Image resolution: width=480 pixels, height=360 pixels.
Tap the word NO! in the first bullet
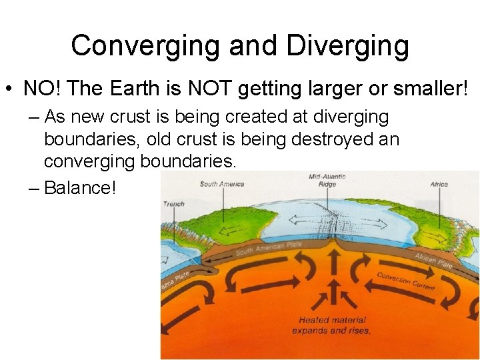coord(41,88)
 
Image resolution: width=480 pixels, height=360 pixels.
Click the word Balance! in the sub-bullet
coord(80,188)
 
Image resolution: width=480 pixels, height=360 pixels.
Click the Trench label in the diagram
coord(173,203)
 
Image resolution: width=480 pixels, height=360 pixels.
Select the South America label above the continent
coord(222,184)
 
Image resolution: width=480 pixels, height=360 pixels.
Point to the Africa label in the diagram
coord(439,184)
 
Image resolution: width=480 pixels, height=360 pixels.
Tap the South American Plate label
coord(269,248)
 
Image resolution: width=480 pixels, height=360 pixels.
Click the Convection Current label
coord(406,281)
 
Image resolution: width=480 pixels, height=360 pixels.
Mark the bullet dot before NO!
coord(10,89)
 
